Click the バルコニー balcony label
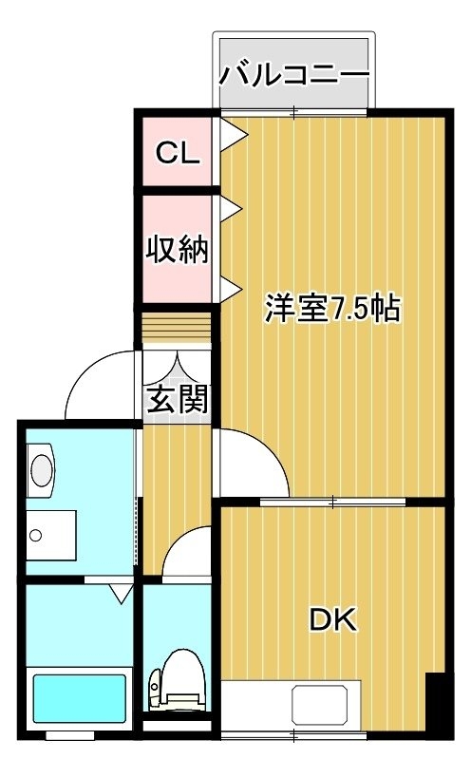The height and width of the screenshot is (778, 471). (294, 75)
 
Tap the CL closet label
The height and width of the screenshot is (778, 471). (178, 153)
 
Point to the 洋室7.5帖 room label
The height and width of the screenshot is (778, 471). (332, 309)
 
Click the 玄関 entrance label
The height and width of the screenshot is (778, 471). (178, 399)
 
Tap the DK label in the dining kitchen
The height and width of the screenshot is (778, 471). (332, 619)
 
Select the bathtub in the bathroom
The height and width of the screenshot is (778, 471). (80, 698)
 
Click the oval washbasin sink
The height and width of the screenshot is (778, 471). (42, 470)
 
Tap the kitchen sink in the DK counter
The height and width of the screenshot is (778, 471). (320, 705)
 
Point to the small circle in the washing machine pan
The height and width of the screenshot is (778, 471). (35, 536)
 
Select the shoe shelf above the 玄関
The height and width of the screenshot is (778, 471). (177, 328)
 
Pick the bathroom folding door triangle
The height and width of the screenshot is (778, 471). (121, 594)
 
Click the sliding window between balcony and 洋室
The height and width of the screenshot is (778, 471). (294, 112)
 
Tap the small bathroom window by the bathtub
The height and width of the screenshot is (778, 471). (70, 735)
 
